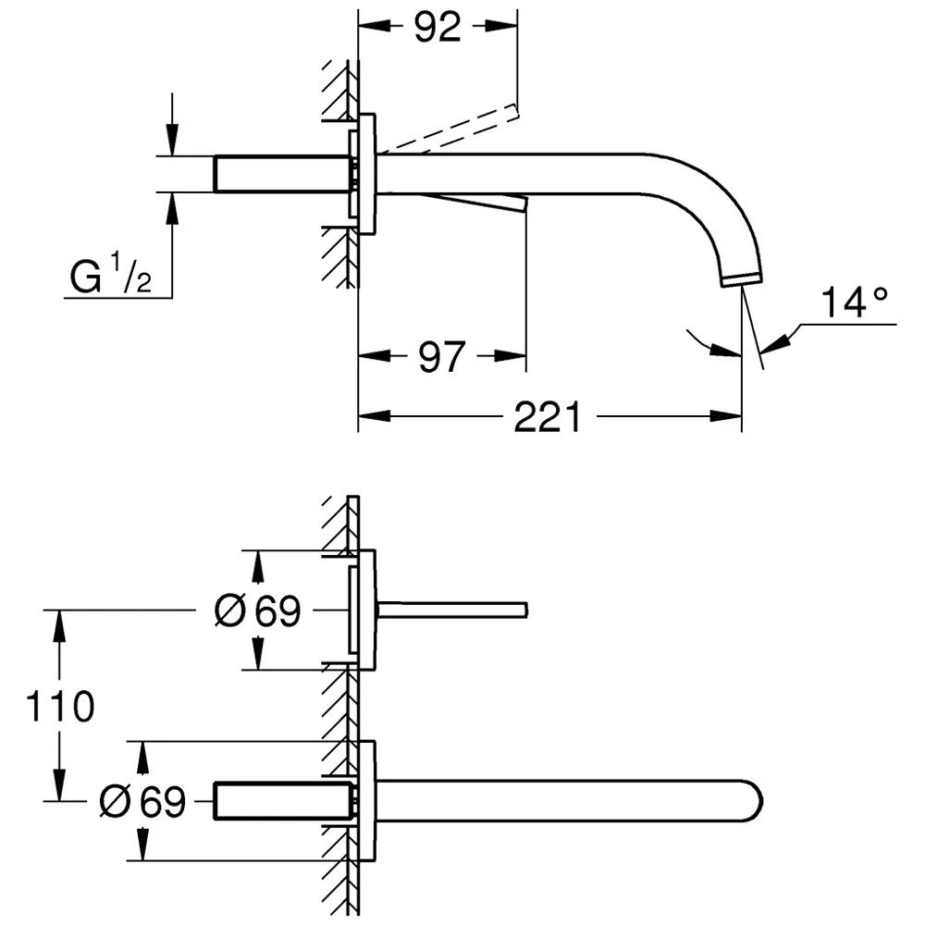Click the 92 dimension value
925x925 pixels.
tap(438, 28)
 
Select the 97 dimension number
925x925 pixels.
tap(439, 356)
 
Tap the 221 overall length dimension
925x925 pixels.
tap(548, 417)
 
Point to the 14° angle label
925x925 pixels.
tap(857, 302)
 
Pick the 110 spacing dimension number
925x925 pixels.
tap(60, 707)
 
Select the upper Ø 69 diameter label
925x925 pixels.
tap(257, 610)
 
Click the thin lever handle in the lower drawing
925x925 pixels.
tap(453, 609)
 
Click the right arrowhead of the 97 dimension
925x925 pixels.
tap(516, 356)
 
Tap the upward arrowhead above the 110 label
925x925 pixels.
tap(60, 622)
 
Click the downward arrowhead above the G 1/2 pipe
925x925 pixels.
tap(171, 143)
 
